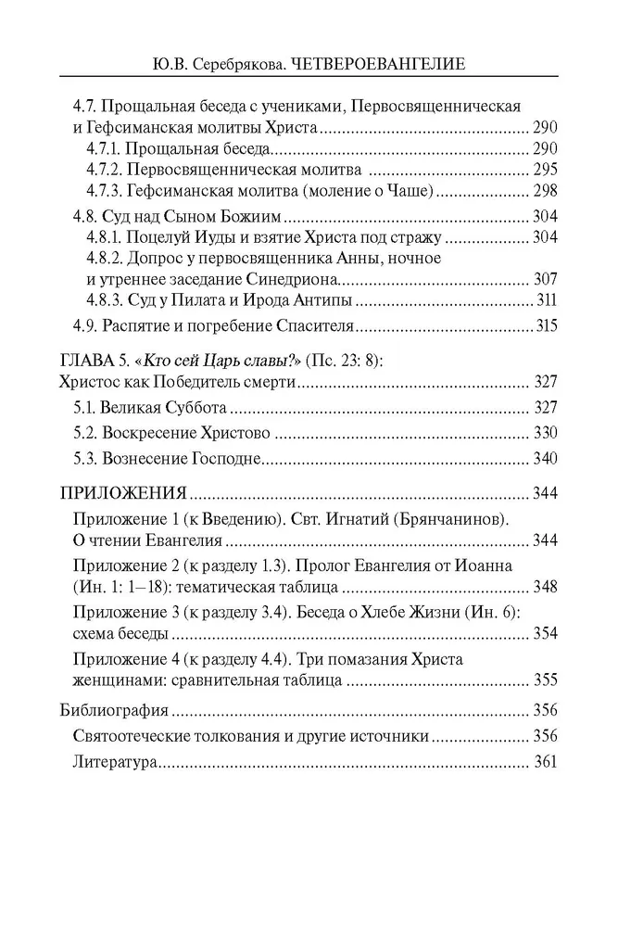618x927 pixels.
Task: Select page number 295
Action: tap(544, 171)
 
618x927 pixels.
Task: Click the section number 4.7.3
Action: tap(106, 192)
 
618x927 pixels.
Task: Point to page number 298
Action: tap(544, 192)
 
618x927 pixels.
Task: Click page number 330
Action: tap(544, 433)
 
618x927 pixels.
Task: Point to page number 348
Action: tap(544, 588)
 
